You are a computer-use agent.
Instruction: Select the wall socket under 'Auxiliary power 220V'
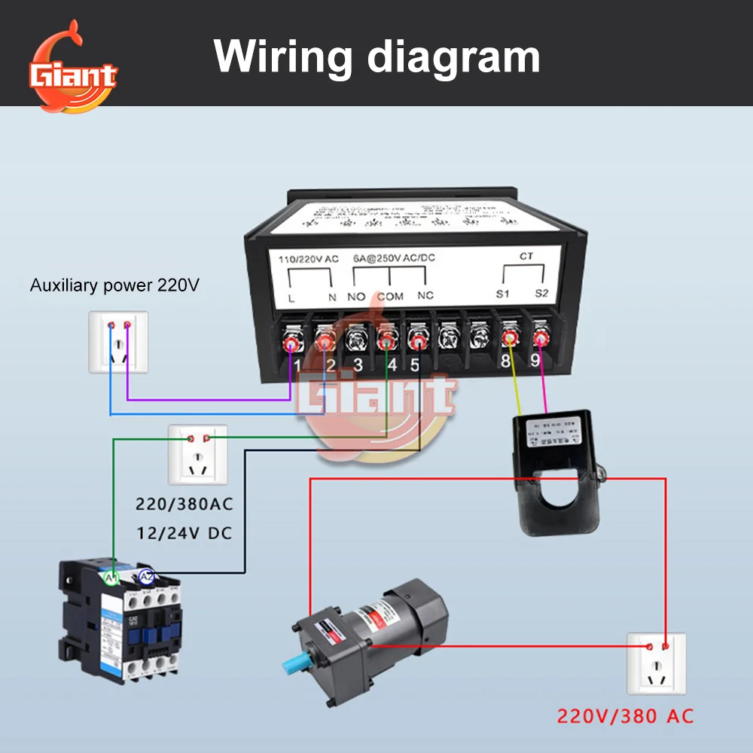click(118, 341)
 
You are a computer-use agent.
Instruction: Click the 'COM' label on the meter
click(390, 296)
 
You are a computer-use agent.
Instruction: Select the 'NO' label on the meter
click(356, 296)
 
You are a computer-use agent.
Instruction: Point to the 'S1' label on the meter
click(503, 293)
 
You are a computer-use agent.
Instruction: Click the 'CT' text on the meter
click(526, 256)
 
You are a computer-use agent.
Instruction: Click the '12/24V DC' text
click(184, 533)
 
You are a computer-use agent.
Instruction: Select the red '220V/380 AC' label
click(625, 715)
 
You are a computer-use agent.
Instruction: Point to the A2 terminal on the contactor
click(147, 576)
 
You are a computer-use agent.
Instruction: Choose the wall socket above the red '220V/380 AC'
click(656, 663)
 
